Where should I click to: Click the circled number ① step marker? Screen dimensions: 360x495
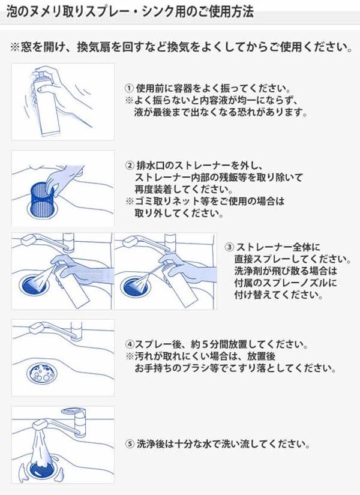[129, 88]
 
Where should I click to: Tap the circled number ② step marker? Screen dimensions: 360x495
[130, 166]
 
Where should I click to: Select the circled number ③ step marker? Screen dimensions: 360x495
[229, 247]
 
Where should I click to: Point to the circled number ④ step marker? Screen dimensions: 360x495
[130, 344]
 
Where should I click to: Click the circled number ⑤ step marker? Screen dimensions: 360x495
[130, 444]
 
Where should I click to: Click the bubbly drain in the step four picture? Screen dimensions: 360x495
[42, 373]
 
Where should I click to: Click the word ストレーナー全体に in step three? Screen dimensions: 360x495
[278, 247]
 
